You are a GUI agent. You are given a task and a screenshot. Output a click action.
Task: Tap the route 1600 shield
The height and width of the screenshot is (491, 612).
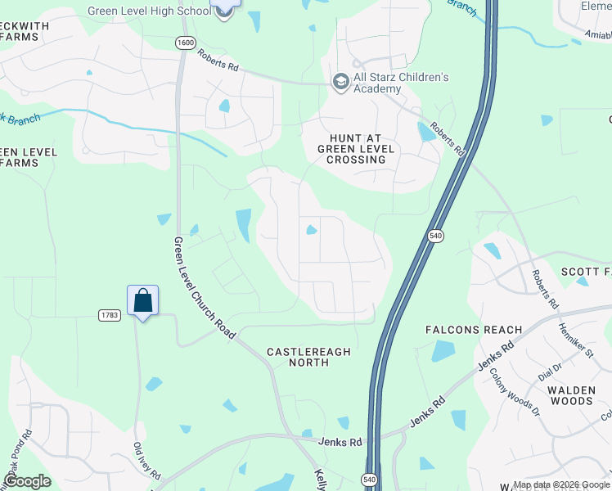click(x=186, y=43)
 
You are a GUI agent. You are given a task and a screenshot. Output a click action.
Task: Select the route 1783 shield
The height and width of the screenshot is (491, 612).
click(x=110, y=315)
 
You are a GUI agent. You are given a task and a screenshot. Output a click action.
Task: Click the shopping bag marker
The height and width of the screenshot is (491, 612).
click(x=142, y=300)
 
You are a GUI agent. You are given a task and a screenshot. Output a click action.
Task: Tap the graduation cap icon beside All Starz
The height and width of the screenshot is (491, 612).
click(x=340, y=82)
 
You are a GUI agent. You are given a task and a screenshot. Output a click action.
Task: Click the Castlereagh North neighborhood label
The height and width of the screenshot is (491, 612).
click(x=309, y=358)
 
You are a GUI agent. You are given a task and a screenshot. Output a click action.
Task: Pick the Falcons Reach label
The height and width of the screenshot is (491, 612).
click(x=474, y=330)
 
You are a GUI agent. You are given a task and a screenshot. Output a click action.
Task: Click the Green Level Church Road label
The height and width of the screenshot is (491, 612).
click(x=205, y=288)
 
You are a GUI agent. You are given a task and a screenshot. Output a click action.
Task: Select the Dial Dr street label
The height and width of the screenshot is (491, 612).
click(x=551, y=372)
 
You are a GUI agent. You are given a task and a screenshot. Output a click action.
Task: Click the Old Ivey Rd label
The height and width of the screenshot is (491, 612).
click(x=148, y=462)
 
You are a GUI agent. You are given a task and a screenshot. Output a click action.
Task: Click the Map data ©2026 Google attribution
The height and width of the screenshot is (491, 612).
click(x=561, y=485)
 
